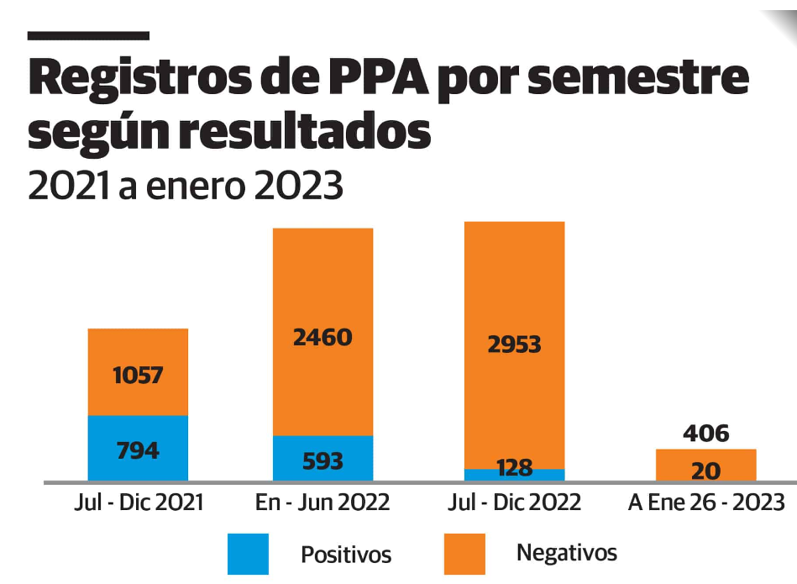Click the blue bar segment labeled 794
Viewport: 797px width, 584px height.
[x=138, y=449]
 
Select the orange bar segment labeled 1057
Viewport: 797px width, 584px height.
[x=138, y=371]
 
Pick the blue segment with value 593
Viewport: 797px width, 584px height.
[x=322, y=459]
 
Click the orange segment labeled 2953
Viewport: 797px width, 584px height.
[x=514, y=345]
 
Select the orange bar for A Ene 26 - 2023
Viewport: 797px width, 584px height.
[x=705, y=466]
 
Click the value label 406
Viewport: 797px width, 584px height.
[x=705, y=434]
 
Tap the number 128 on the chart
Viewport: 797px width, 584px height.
[x=514, y=468]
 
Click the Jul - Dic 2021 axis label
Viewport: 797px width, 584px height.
[x=138, y=502]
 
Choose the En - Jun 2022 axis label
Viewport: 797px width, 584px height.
[x=322, y=502]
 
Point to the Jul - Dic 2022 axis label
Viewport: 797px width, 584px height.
[x=514, y=502]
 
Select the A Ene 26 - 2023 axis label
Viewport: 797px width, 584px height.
[x=706, y=502]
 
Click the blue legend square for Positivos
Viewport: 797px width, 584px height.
[x=248, y=554]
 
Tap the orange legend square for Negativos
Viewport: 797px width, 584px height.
[x=464, y=554]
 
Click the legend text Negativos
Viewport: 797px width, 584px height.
[x=566, y=553]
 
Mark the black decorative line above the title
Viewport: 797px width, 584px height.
[x=88, y=36]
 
